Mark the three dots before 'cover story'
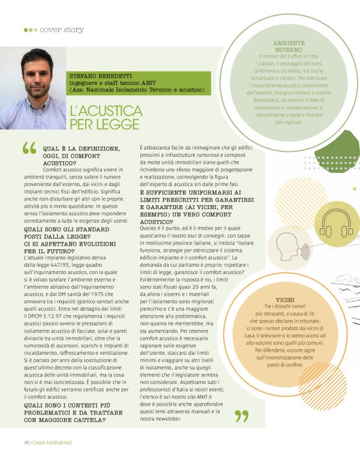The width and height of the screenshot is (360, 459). pos(30,30)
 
